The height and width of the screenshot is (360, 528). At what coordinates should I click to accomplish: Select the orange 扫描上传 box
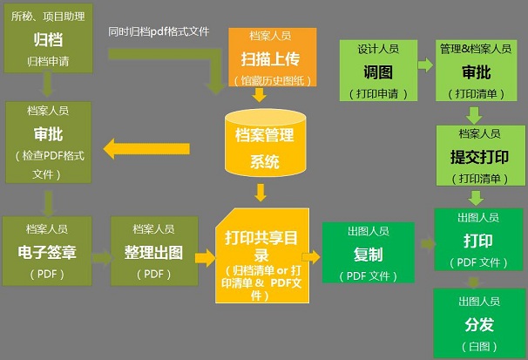(x=272, y=58)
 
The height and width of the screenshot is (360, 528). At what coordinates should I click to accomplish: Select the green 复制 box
(x=368, y=253)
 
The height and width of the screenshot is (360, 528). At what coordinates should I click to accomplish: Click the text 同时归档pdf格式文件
(x=159, y=32)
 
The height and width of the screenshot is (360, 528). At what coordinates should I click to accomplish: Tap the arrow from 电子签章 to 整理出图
(x=100, y=258)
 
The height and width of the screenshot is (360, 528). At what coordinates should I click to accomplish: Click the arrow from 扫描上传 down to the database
(x=259, y=96)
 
